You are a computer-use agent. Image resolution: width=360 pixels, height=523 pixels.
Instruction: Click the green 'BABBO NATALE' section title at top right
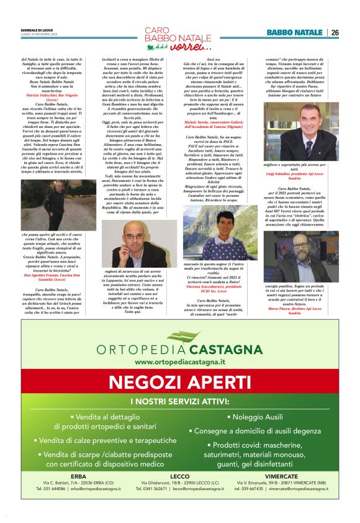coord(294,32)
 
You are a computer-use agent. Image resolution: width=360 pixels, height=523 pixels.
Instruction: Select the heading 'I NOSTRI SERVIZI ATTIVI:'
coord(179,402)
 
